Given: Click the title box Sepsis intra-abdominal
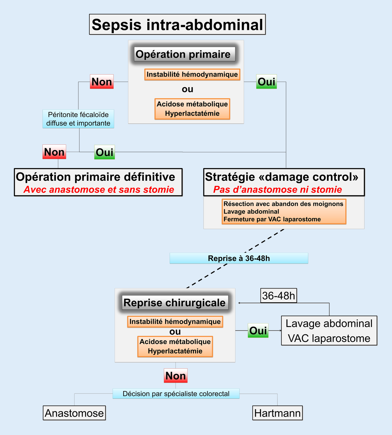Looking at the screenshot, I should point(177,24).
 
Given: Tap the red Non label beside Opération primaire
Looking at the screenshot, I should point(102,82).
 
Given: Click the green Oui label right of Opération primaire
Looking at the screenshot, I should point(266,82).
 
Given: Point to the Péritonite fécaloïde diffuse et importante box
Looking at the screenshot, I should point(78,119).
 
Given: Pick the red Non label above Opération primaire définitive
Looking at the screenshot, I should point(54,152).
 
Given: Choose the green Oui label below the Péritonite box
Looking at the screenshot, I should point(104,152).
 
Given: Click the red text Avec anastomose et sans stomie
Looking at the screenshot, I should point(99,190).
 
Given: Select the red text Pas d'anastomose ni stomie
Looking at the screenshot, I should point(277,190).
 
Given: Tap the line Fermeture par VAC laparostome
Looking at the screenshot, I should point(272,219).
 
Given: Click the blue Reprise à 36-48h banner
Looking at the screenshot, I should point(239,258).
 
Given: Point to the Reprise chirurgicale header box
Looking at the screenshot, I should point(175,303).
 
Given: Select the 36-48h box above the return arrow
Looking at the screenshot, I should point(279,296).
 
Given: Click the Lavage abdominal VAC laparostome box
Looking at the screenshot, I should point(329,331).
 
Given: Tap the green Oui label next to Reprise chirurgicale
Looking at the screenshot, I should point(258,330).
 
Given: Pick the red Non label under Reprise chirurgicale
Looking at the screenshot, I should point(175,376).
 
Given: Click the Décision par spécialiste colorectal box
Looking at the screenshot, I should point(176,394).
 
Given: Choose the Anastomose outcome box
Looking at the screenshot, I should point(74,413).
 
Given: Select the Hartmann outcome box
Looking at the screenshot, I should point(277,413).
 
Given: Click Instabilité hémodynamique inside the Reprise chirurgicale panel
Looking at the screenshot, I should point(175,322).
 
